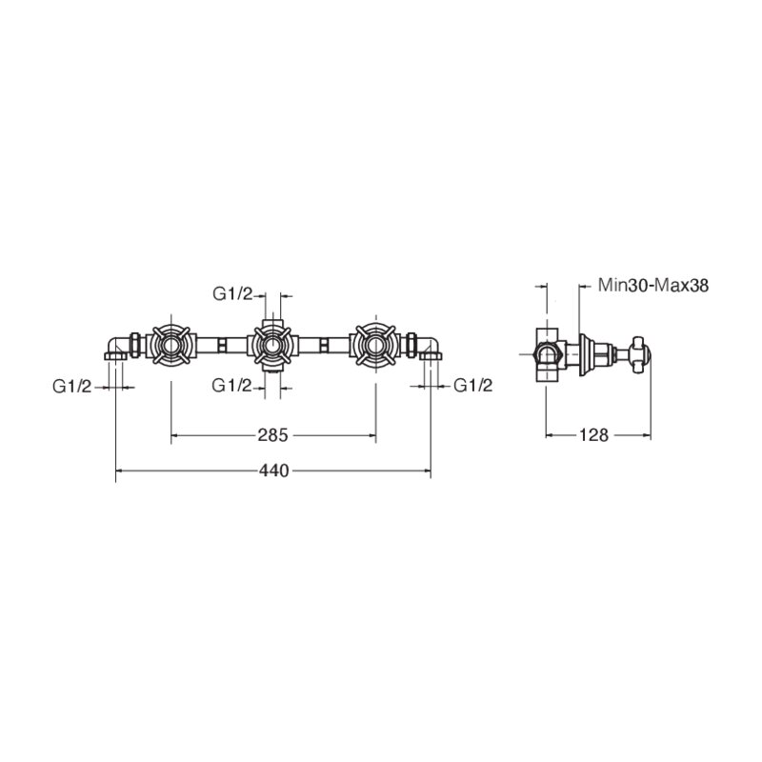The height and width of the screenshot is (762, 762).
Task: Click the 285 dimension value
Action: pos(272,435)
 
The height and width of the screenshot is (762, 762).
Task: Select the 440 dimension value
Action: pos(273,471)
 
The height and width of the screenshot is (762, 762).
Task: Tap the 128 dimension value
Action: pos(593,435)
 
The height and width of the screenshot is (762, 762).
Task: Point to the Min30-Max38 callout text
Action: pos(653,285)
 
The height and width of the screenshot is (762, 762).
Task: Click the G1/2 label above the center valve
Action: pos(232,293)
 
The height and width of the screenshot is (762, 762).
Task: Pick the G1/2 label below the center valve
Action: pos(231,386)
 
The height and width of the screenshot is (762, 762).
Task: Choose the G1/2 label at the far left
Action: pos(72,387)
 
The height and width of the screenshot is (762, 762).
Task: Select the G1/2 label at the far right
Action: pos(472,386)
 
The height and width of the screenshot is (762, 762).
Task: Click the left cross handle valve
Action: pos(171,346)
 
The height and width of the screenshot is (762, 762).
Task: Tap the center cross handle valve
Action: pos(272,346)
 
